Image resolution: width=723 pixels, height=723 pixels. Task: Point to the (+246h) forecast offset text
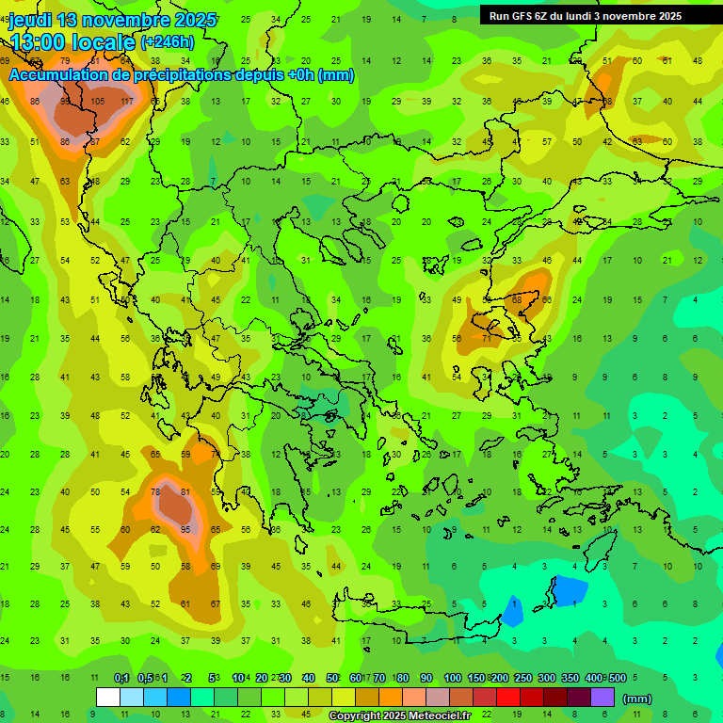167,41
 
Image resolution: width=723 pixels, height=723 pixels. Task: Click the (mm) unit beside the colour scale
637,699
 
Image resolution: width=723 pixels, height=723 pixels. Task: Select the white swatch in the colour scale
107,698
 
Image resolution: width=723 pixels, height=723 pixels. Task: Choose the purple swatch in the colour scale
602,698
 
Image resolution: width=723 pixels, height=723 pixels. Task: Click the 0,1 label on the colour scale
120,678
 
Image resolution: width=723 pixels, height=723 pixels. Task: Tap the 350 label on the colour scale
570,678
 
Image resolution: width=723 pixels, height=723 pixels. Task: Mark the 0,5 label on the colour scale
144,678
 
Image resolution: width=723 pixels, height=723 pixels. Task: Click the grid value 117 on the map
127,102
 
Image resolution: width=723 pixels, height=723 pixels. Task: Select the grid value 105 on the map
97,102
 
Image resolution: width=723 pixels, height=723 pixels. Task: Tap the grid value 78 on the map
156,491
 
